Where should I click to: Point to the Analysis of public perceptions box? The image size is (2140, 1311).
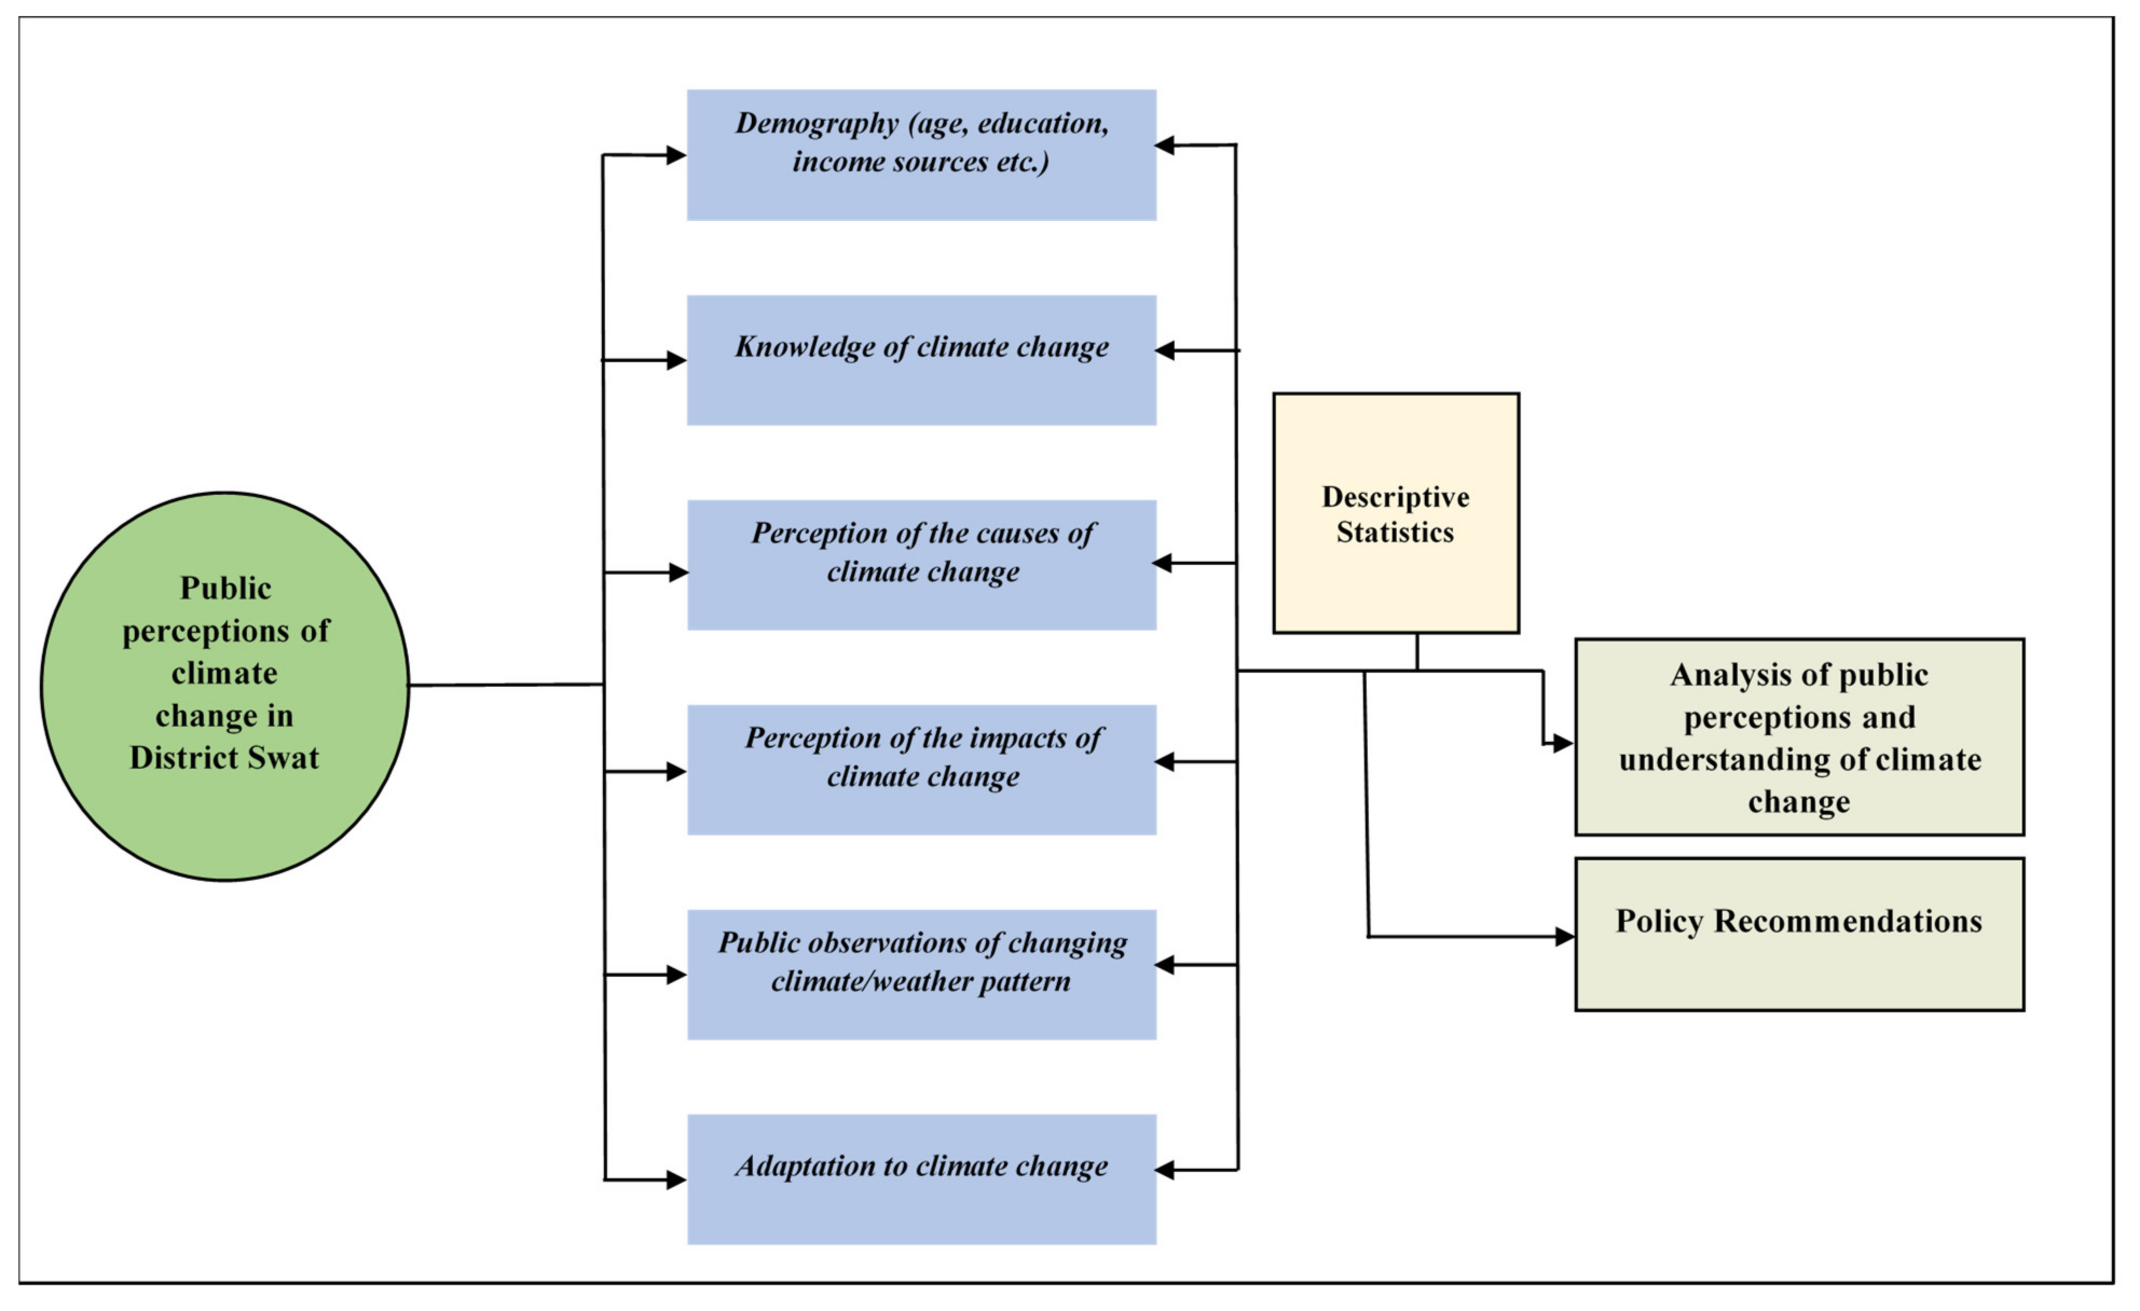click(1799, 737)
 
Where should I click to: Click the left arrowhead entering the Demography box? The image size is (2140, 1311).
click(676, 155)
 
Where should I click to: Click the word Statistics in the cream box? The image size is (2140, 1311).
click(1394, 532)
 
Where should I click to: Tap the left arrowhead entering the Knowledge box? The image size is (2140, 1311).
click(676, 360)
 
